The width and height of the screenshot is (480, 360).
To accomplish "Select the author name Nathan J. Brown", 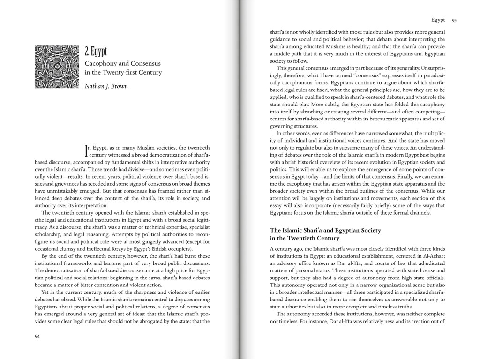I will click(x=105, y=86).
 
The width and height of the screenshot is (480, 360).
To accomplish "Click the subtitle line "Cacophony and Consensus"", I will click(x=122, y=63).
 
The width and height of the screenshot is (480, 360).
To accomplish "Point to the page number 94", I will click(x=37, y=336).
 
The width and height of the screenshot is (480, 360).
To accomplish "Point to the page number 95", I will click(x=454, y=20).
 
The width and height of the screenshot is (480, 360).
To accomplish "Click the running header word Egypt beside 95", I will click(x=438, y=20).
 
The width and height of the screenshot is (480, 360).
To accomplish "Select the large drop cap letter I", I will click(x=86, y=150).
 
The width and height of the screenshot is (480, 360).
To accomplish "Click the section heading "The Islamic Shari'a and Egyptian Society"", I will click(x=326, y=230).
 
